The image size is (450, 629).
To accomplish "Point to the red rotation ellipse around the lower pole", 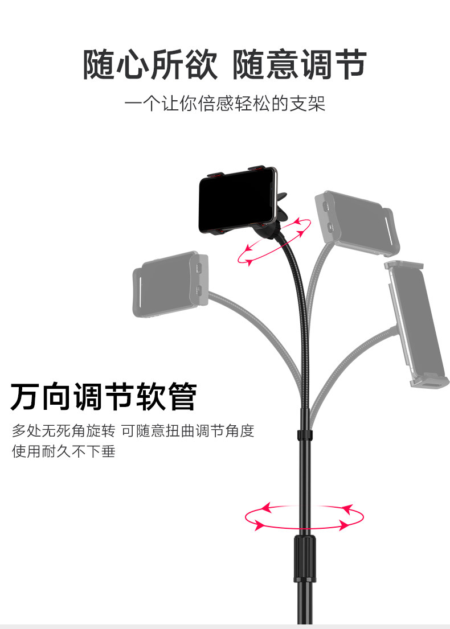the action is pyautogui.click(x=304, y=517).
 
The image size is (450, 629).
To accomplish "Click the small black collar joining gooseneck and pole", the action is pyautogui.click(x=304, y=435).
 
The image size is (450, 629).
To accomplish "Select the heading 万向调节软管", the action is pyautogui.click(x=104, y=397).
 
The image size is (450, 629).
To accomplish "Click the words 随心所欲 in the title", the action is pyautogui.click(x=150, y=64).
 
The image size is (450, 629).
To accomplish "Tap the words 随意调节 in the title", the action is pyautogui.click(x=299, y=64).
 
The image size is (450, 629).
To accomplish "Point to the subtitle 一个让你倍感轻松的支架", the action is pyautogui.click(x=225, y=105).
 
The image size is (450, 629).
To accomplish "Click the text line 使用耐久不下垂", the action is pyautogui.click(x=64, y=451).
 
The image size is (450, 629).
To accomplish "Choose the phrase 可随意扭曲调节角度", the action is pyautogui.click(x=188, y=431).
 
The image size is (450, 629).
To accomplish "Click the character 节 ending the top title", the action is pyautogui.click(x=349, y=64).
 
